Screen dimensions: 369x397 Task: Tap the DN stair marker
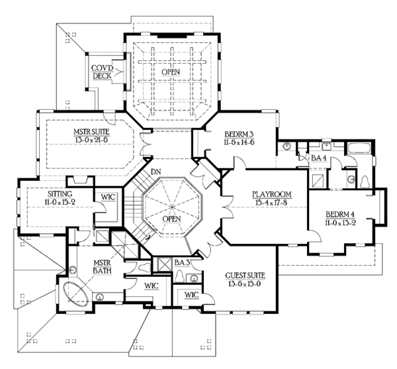[156, 172]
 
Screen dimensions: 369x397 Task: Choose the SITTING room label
[42, 195]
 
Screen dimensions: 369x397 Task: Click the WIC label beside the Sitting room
[108, 197]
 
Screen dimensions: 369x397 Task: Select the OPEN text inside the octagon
[171, 219]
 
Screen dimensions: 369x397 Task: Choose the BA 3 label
[182, 263]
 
